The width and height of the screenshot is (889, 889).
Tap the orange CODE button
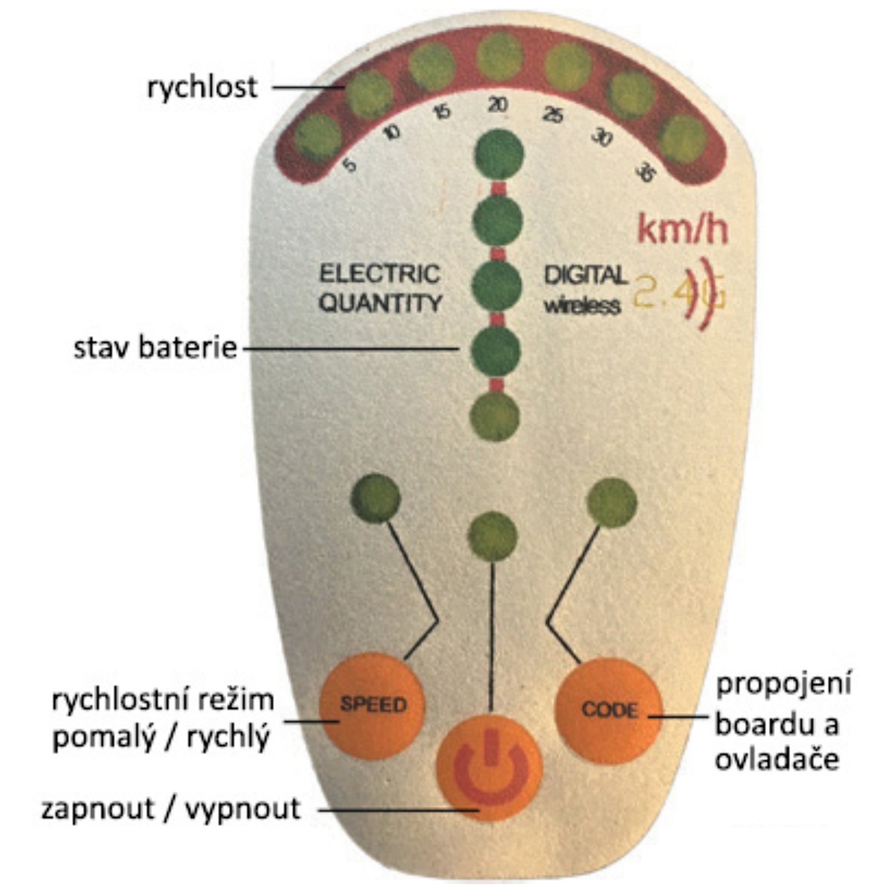click(608, 711)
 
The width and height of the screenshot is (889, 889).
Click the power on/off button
click(489, 767)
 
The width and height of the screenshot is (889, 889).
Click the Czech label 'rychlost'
click(202, 87)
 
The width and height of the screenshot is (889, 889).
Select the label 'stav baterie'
click(156, 348)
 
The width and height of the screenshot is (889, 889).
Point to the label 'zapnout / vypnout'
click(171, 809)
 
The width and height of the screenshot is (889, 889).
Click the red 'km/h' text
click(682, 229)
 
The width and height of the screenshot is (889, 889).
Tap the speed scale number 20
click(497, 104)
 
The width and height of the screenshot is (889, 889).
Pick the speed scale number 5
click(349, 165)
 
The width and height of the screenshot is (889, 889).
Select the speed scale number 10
click(392, 132)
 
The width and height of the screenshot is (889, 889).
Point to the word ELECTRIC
click(379, 274)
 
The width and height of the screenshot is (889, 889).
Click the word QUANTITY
click(381, 303)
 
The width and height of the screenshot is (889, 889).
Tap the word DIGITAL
click(585, 275)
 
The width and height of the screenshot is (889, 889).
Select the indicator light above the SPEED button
click(376, 498)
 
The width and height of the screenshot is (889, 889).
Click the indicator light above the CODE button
click(612, 502)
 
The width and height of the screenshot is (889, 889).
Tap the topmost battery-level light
click(498, 154)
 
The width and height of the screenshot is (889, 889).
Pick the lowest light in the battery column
click(495, 416)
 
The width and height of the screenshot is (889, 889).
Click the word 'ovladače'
click(776, 760)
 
